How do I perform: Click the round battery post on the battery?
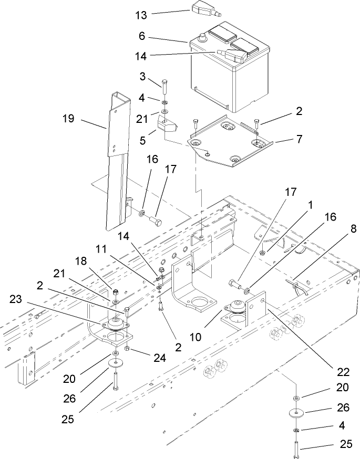[201, 37]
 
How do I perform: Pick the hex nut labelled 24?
[127, 349]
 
